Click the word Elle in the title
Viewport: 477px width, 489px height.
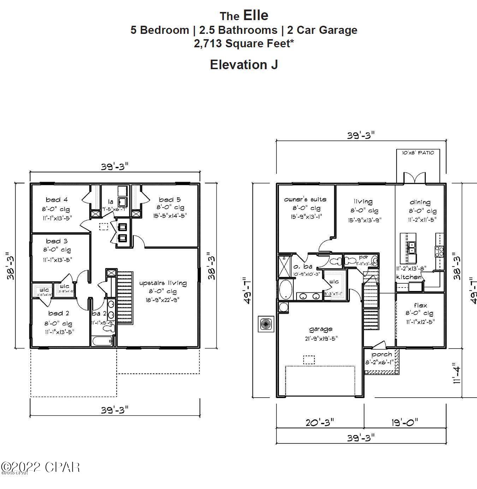[256, 16]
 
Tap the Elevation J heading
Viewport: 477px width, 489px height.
[244, 65]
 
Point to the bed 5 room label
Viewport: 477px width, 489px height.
[169, 200]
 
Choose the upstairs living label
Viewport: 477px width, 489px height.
[163, 283]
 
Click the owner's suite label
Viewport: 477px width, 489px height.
[305, 199]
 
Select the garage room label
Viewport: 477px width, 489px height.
[321, 329]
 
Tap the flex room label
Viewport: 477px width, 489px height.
[421, 305]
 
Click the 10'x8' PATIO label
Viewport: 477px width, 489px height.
[418, 153]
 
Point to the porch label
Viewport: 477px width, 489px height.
[381, 354]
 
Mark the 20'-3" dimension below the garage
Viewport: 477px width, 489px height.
[320, 422]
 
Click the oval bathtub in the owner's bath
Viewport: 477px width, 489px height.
[285, 290]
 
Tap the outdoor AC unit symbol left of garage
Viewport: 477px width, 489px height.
[266, 323]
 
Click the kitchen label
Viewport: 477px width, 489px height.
[409, 277]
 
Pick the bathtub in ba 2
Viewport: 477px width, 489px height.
[102, 341]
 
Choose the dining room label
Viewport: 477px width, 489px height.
[420, 202]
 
